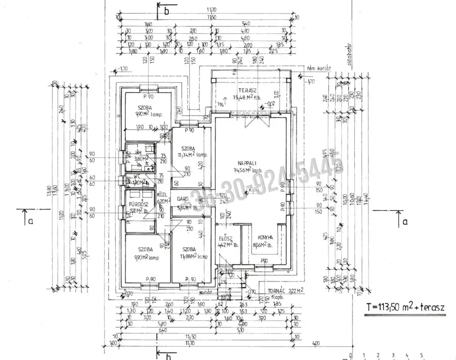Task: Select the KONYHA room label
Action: tap(265, 237)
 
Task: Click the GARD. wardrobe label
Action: tap(184, 199)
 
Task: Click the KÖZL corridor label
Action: tap(163, 193)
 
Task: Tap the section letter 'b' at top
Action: tap(166, 12)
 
